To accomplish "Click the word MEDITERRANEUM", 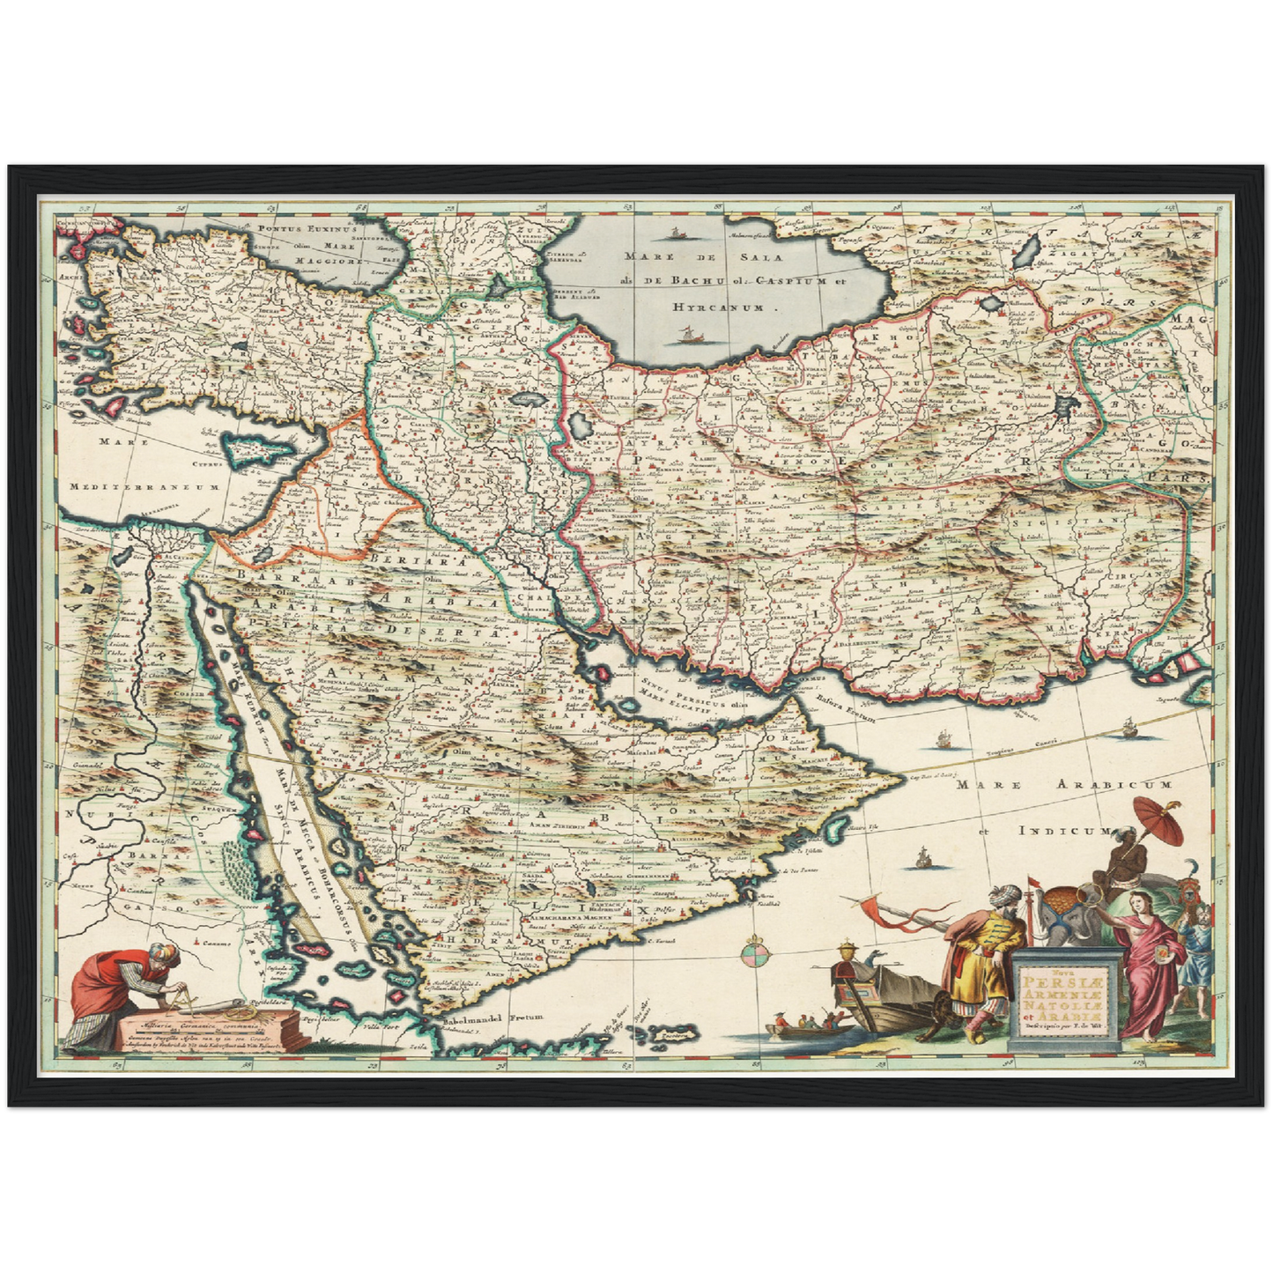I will pos(144,486).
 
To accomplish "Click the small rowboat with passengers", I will pos(806,1024).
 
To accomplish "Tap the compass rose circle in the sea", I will pos(753,952).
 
